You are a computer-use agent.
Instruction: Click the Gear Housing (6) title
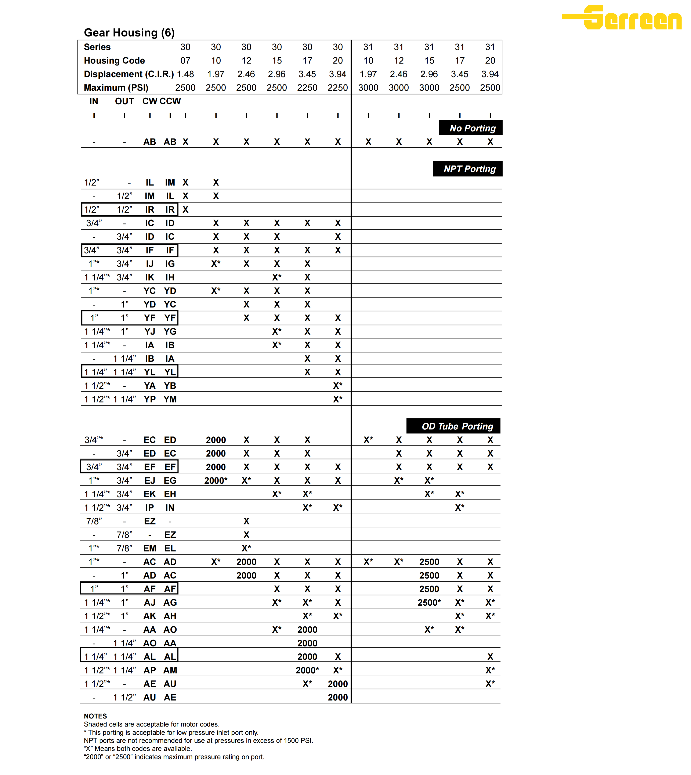point(129,33)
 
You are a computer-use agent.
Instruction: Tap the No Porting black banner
point(471,128)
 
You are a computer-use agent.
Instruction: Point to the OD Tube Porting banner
point(454,426)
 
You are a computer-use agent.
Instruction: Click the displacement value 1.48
point(185,74)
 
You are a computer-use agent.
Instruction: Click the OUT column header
point(124,101)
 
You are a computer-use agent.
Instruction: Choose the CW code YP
point(150,399)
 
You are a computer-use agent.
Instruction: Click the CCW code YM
point(170,399)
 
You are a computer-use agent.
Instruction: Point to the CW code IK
point(150,277)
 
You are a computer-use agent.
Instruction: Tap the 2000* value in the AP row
point(307,670)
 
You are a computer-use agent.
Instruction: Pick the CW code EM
point(150,548)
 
